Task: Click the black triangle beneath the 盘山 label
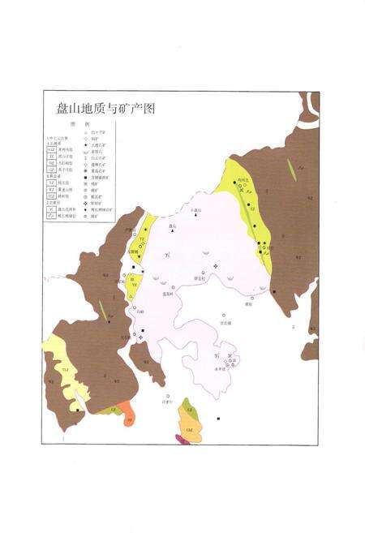(172, 233)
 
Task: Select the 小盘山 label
(195, 209)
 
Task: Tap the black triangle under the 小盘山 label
(195, 217)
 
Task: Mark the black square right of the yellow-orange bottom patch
(219, 419)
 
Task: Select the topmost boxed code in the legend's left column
(50, 150)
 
